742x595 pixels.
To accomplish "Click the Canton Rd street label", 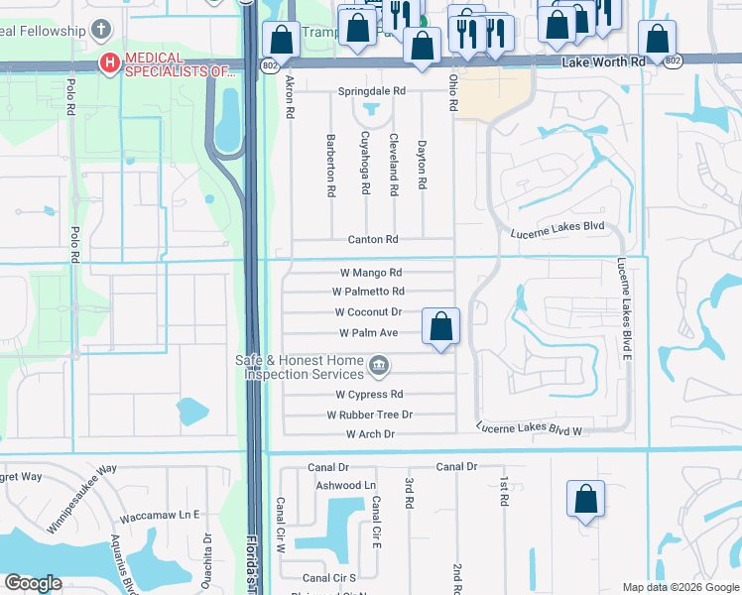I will pyautogui.click(x=372, y=240).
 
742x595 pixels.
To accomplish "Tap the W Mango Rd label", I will pyautogui.click(x=371, y=273).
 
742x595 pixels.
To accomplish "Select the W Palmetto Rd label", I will pyautogui.click(x=368, y=292).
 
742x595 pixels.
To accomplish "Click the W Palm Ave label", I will pyautogui.click(x=368, y=333).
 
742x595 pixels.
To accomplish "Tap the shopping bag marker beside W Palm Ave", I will pyautogui.click(x=440, y=326).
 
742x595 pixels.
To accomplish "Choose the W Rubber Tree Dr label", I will pyautogui.click(x=370, y=415).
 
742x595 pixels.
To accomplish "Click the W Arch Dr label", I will pyautogui.click(x=370, y=434).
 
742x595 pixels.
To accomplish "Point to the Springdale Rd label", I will pyautogui.click(x=372, y=91).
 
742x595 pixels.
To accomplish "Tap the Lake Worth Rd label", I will pyautogui.click(x=603, y=61).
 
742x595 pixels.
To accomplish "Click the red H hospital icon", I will pyautogui.click(x=109, y=64).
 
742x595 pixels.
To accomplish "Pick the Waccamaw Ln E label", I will pyautogui.click(x=160, y=517).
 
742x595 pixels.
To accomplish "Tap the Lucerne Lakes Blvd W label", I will pyautogui.click(x=528, y=429).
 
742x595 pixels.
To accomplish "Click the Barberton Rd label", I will pyautogui.click(x=330, y=165).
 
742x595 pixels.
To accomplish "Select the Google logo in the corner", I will pyautogui.click(x=33, y=583).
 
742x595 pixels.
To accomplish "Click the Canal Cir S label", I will pyautogui.click(x=329, y=577).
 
